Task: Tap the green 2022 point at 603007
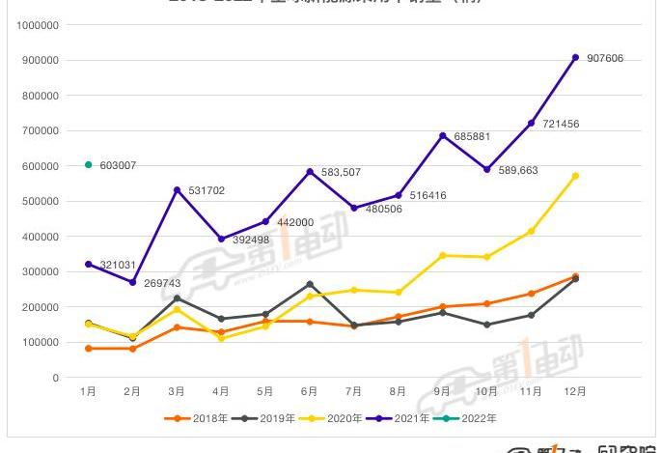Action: coord(89,165)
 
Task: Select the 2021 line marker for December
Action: coord(576,58)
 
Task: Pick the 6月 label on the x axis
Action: coord(310,392)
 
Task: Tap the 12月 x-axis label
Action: coord(575,392)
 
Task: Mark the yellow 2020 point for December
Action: coord(576,176)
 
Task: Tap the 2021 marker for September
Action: coord(443,136)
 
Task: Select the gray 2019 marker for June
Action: coord(310,284)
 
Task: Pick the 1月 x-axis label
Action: coord(89,392)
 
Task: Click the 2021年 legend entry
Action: coord(406,418)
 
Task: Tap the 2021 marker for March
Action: coord(177,190)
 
